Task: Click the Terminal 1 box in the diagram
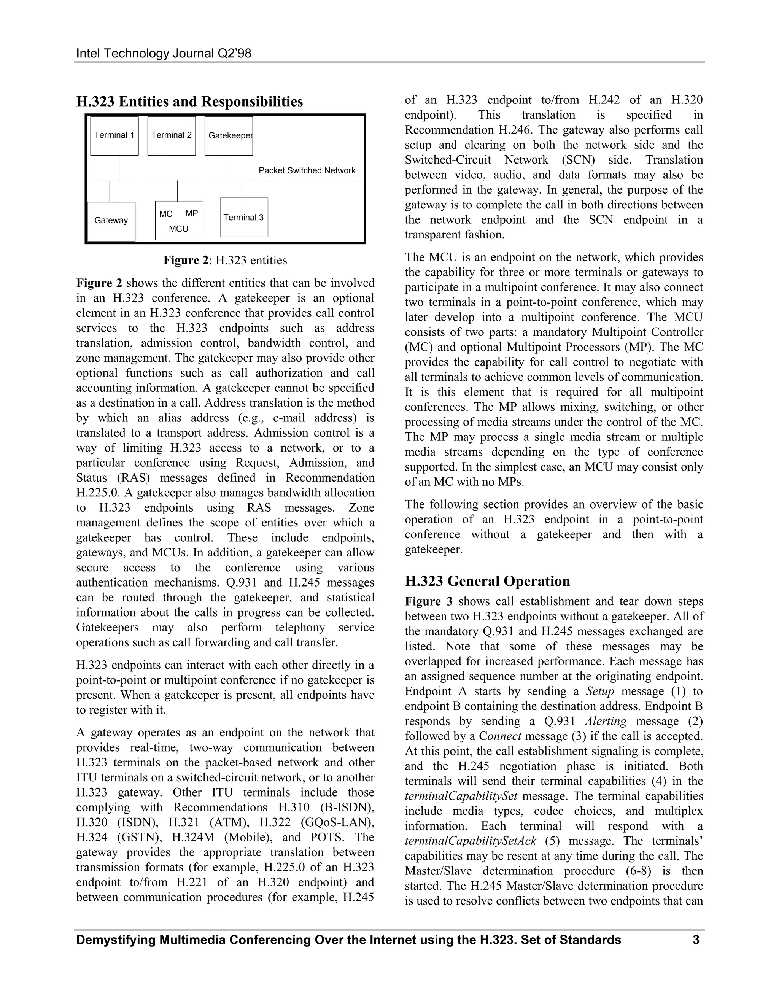(114, 136)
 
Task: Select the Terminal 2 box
(171, 136)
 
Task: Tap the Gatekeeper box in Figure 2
(229, 136)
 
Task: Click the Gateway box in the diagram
(111, 221)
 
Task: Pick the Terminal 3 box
(244, 217)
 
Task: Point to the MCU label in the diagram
(179, 229)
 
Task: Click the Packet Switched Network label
(307, 171)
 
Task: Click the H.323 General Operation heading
(487, 581)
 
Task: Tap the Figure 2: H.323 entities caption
(225, 260)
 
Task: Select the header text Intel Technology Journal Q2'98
(164, 54)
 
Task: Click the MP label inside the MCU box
(192, 213)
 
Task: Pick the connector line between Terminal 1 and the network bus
(119, 168)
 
